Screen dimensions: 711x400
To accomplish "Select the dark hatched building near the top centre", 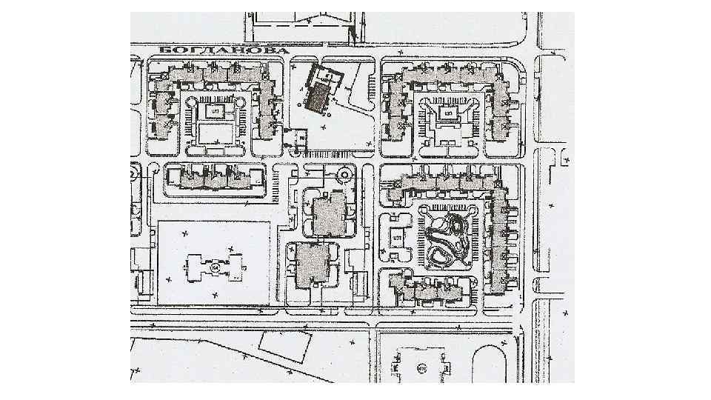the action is click(321, 93).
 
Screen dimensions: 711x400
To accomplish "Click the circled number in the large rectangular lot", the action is click(216, 266).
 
